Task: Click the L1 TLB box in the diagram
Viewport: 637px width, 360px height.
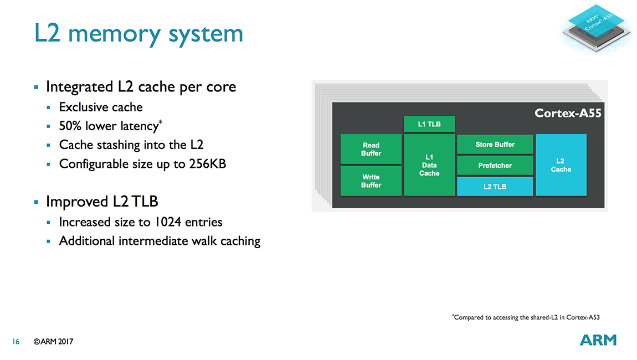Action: [x=429, y=124]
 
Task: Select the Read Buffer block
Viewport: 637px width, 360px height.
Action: [x=371, y=149]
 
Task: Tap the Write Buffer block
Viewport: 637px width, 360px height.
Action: [x=371, y=181]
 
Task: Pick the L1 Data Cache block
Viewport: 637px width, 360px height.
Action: [x=429, y=165]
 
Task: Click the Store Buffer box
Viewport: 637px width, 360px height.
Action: [x=495, y=144]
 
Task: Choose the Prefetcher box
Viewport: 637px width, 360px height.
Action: [x=495, y=166]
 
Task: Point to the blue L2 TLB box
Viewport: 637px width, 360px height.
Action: [x=495, y=187]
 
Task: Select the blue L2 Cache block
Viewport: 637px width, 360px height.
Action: [x=561, y=165]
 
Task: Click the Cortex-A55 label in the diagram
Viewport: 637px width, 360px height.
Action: [x=568, y=113]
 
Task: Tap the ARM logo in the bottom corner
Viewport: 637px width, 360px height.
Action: [x=598, y=340]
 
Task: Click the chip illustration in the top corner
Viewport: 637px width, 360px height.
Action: [x=597, y=28]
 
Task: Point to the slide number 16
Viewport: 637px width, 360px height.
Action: [x=16, y=341]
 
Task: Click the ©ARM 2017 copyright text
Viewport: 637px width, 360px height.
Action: [x=53, y=341]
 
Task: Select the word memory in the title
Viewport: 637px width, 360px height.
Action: [x=115, y=35]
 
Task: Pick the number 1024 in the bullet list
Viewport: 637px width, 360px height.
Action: [x=168, y=222]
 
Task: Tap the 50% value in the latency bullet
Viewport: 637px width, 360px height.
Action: [x=70, y=126]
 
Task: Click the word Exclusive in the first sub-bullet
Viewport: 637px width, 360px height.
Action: [x=84, y=107]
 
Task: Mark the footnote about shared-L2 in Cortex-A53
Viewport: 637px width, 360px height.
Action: [x=526, y=317]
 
